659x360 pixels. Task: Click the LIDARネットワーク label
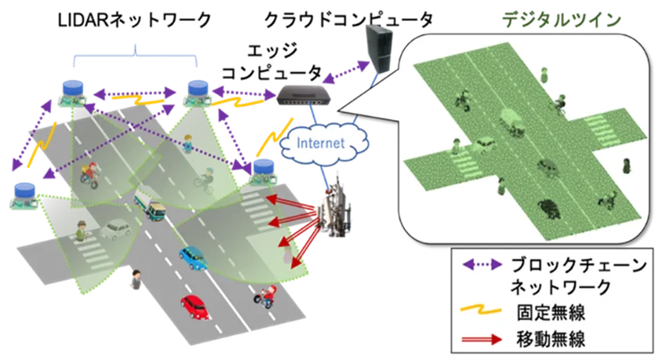(134, 20)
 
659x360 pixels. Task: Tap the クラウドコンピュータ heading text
(348, 20)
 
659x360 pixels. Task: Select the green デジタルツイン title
(562, 20)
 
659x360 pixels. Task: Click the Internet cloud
(322, 144)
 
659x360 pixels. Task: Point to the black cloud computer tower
(379, 49)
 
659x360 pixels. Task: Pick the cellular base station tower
(335, 208)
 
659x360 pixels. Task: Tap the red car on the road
(195, 307)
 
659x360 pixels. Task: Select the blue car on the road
(193, 258)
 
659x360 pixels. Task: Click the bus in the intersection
(150, 205)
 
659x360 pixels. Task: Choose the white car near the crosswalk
(115, 230)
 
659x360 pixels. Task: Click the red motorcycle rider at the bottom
(265, 296)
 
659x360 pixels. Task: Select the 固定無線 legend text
(551, 312)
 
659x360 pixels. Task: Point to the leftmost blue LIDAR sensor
(25, 196)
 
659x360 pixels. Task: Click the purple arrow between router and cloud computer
(346, 72)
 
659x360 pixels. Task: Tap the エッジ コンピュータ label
(272, 62)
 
